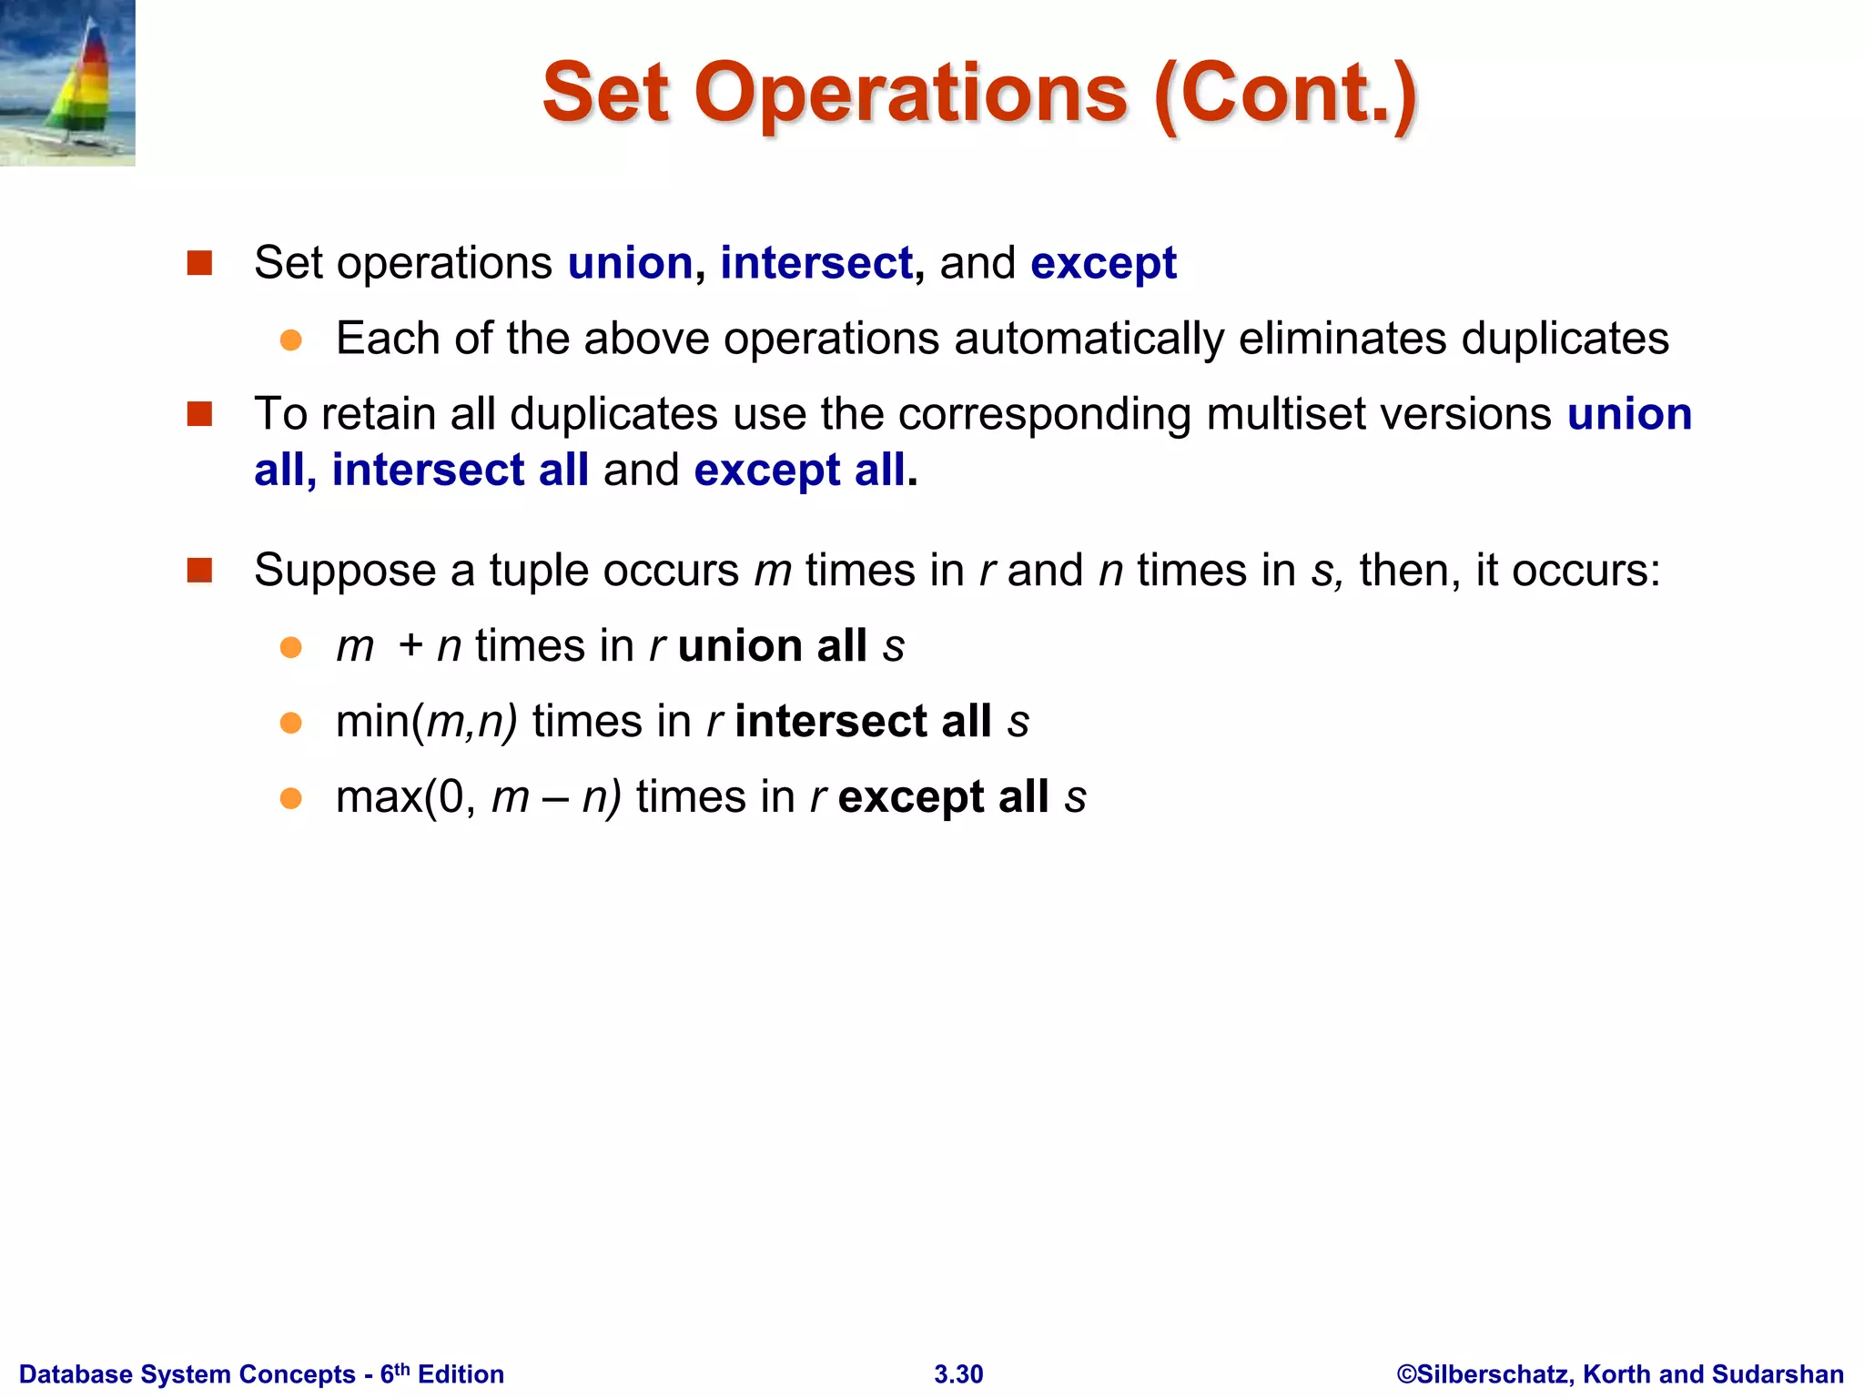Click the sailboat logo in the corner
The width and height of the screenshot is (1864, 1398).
pos(67,83)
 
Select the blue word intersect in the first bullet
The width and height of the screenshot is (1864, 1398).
pos(816,263)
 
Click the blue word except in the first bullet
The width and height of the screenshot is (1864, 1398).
pos(1103,265)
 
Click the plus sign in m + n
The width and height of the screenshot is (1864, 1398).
pos(410,646)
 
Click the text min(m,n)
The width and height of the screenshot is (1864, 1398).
pos(427,722)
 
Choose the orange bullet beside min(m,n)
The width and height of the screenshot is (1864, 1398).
pos(290,724)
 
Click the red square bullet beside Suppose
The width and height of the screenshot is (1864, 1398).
pos(199,571)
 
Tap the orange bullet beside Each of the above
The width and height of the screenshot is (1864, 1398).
pos(290,340)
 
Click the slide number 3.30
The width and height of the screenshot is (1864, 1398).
pos(958,1374)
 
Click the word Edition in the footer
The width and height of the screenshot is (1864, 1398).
pos(461,1374)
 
